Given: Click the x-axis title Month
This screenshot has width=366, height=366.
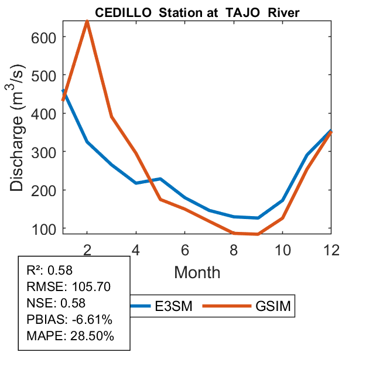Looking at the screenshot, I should (x=197, y=272).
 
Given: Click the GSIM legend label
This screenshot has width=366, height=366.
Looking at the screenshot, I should (x=273, y=306).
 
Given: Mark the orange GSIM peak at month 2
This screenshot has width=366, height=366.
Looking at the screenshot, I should (x=87, y=22).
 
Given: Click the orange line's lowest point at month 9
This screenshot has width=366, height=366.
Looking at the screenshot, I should (x=258, y=234).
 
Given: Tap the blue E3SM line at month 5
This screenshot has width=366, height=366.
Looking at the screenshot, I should (x=160, y=179).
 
